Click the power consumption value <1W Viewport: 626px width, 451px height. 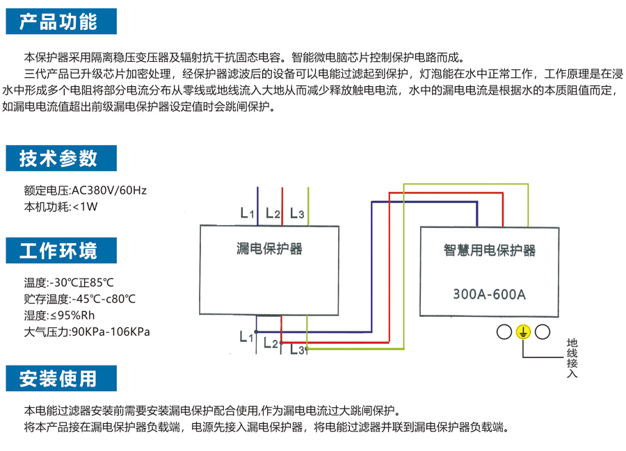click(85, 206)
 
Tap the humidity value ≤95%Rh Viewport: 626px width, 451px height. click(81, 315)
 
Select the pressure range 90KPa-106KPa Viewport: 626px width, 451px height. click(111, 331)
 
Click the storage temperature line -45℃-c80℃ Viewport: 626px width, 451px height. click(104, 300)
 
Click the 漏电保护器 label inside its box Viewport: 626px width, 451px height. click(268, 248)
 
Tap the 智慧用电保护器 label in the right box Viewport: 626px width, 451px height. click(490, 251)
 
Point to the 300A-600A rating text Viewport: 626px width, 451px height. click(490, 293)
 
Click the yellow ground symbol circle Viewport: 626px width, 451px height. click(523, 332)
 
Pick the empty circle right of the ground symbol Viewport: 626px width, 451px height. click(543, 332)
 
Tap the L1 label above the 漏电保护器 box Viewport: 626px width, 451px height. click(247, 213)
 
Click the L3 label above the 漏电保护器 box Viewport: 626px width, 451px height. click(297, 213)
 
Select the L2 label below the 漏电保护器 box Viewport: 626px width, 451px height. click(271, 343)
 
